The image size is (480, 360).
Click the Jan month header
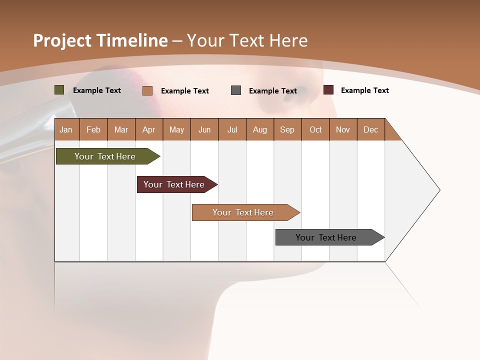pos(66,129)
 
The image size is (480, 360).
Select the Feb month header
pos(93,129)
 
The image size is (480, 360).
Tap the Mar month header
pos(121,129)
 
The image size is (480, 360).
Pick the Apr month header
pos(149,129)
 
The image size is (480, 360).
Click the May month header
pos(176,129)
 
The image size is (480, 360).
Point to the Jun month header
pos(204,129)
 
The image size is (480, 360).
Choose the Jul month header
pos(232,129)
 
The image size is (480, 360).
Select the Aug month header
pos(260,129)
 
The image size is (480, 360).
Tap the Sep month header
pos(287,129)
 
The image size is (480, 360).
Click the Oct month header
pos(315,129)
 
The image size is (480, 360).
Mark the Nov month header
pos(343,129)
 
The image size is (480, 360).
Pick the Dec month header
pos(371,129)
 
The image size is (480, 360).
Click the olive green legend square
pos(59,90)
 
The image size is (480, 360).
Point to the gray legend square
pos(236,90)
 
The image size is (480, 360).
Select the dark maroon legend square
pos(328,90)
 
